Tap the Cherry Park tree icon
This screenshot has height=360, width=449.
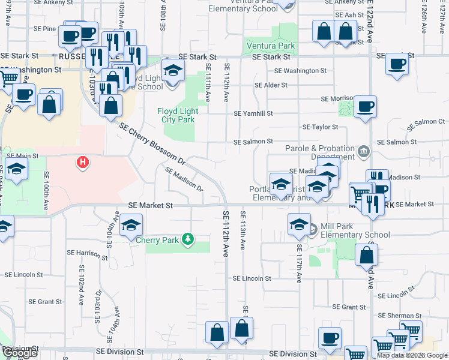coord(188,239)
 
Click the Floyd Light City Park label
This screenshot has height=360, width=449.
coord(176,115)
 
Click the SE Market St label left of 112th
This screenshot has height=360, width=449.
coord(151,205)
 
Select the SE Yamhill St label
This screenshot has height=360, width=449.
coord(253,113)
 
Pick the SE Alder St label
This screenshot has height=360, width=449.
coord(271,85)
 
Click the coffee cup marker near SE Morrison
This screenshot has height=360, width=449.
coord(365,107)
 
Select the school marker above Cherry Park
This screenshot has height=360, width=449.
coord(131,226)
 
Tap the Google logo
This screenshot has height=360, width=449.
coord(19,353)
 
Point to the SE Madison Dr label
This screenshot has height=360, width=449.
coord(184,179)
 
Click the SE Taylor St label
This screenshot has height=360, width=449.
coord(321,127)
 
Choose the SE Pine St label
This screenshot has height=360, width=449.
coord(44,28)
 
